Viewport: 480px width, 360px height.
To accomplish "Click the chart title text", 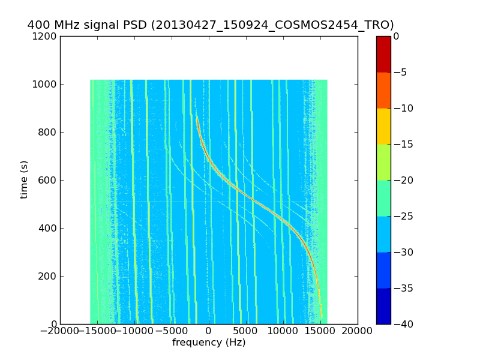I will pos(211,25).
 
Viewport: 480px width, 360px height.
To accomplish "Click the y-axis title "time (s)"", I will pos(24,179).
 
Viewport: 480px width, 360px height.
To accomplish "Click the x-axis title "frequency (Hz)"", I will pos(209,343).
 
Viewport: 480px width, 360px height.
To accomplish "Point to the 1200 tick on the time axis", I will pos(46,36).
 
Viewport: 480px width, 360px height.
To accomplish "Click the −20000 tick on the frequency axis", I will pos(60,332).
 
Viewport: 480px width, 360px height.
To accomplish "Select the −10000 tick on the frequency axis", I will pos(134,332).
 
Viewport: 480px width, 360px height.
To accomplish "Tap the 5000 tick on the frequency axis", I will pos(246,332).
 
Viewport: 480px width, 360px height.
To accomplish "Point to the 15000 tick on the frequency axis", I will pos(320,332).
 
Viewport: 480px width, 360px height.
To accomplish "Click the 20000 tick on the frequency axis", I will pos(358,332).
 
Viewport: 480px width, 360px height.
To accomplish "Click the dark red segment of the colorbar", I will pos(383,54).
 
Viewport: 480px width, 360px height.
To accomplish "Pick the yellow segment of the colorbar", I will pos(383,126).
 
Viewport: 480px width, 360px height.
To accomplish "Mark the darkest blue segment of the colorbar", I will pos(383,306).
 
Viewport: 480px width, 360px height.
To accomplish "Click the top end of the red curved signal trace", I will pos(196,116).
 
